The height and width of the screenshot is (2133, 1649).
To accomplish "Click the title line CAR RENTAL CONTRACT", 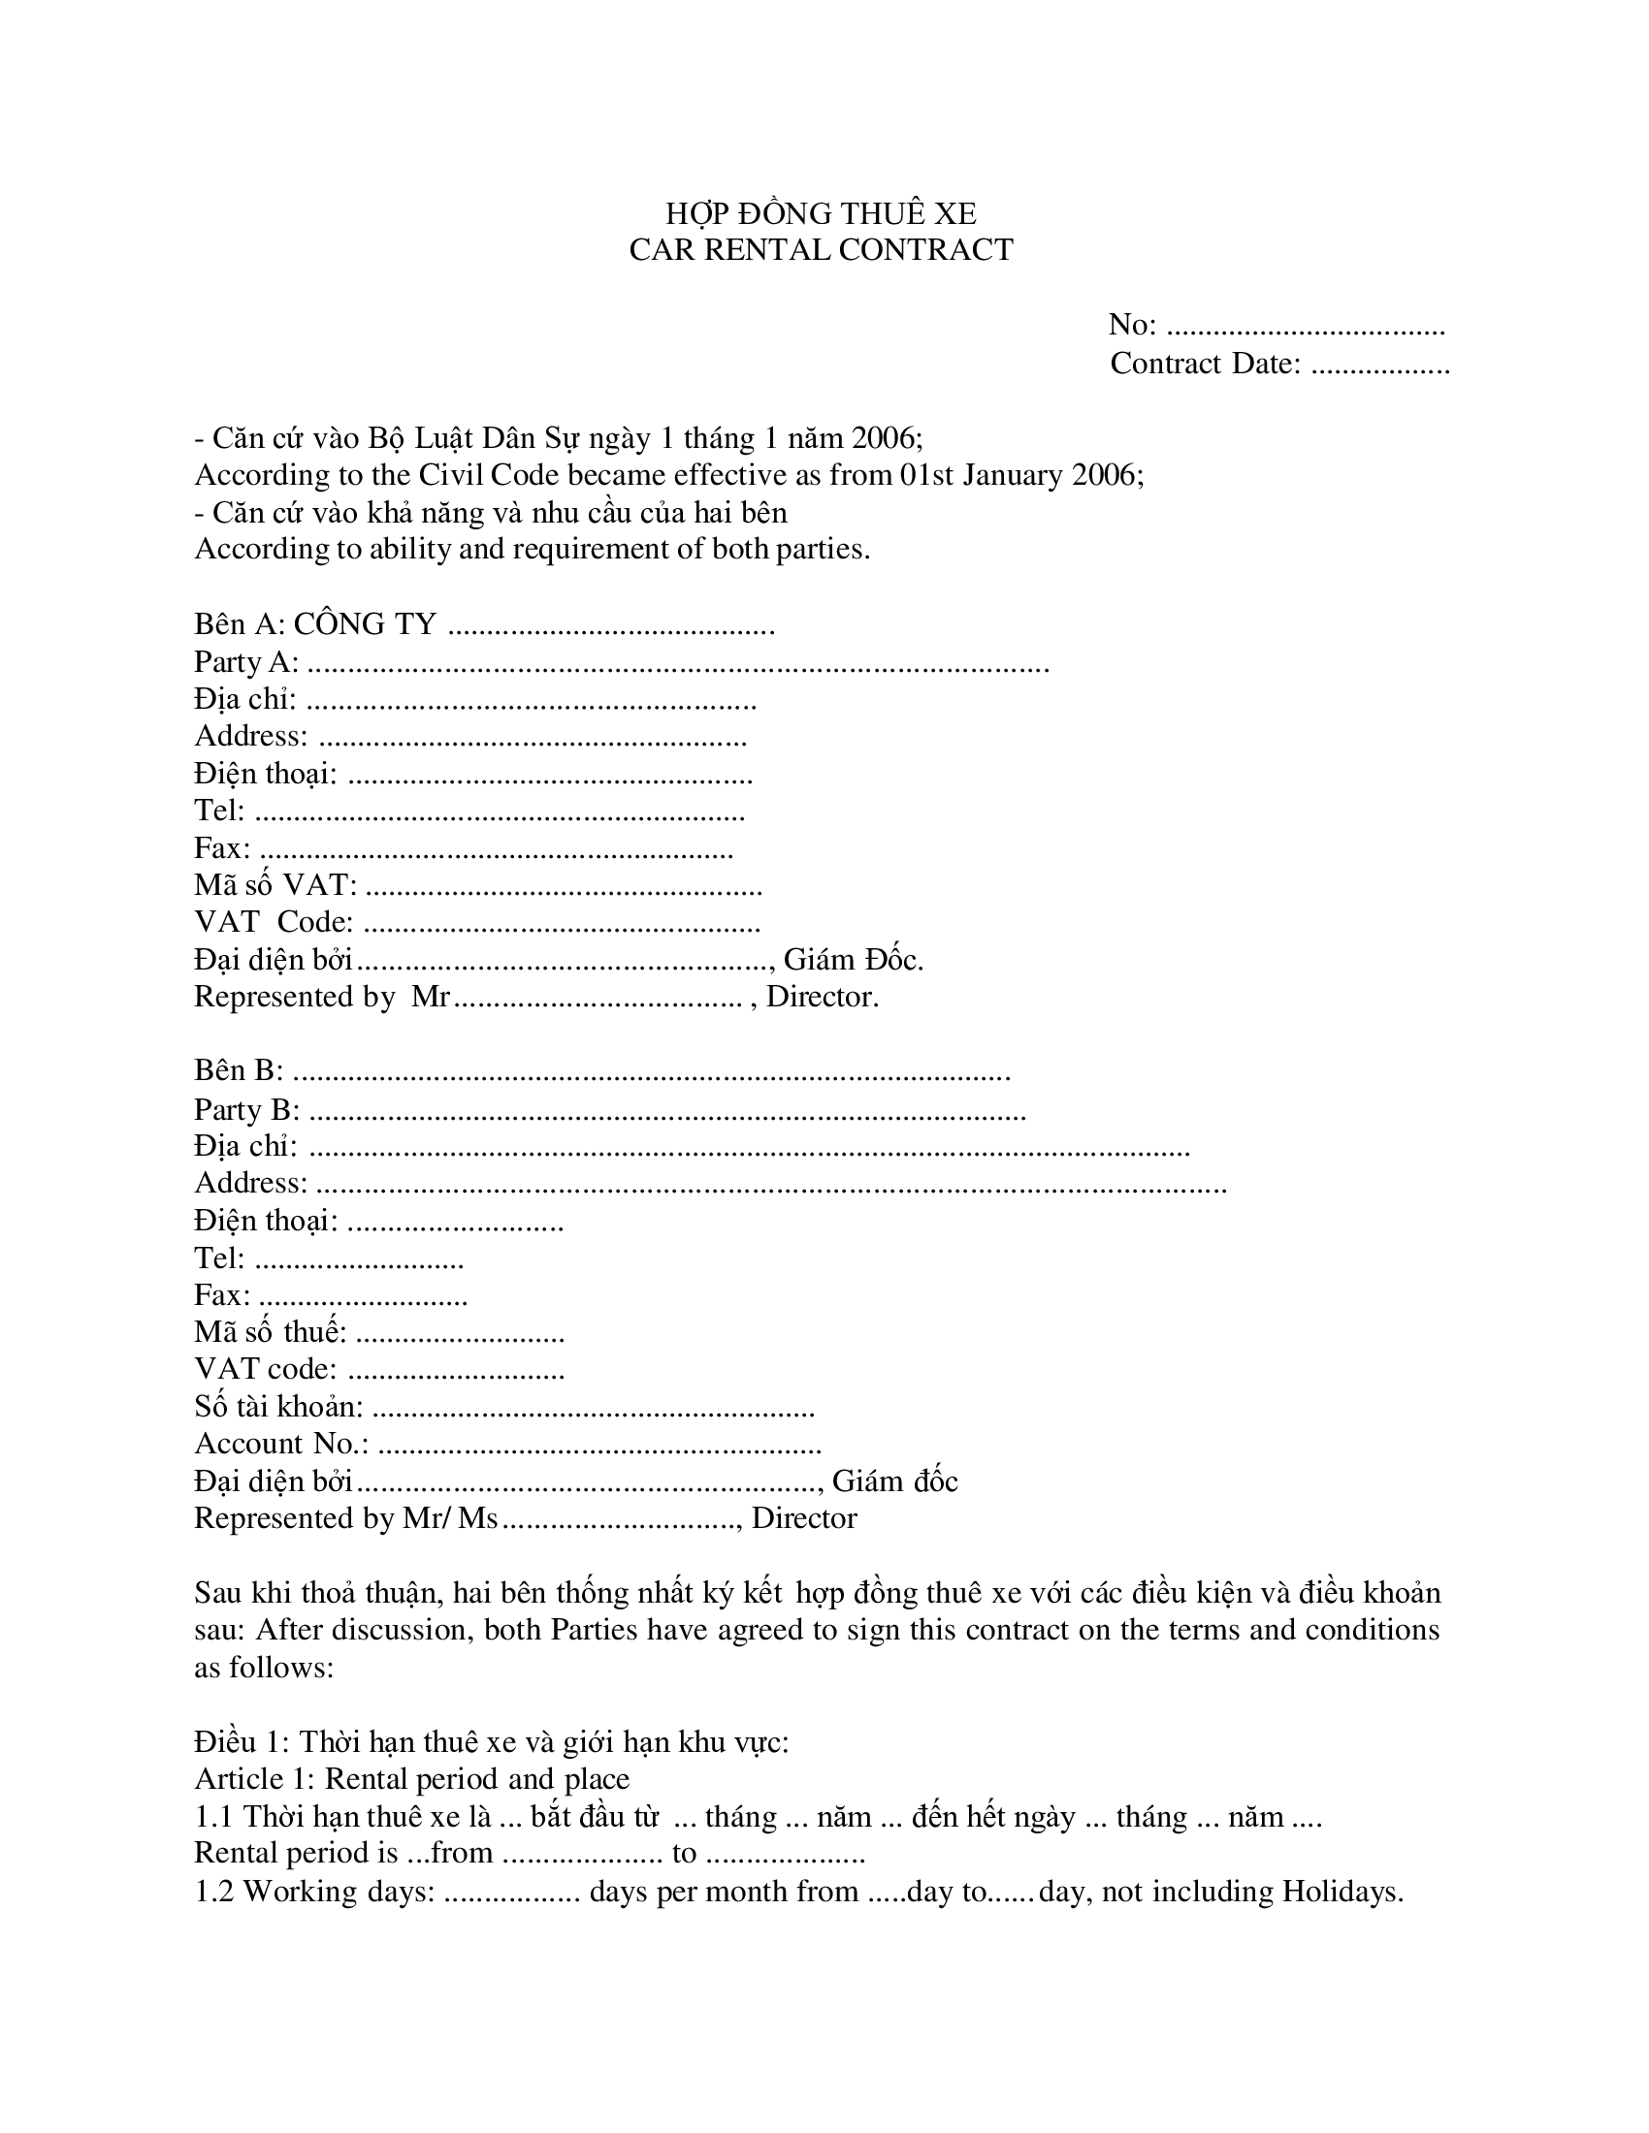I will pos(821,250).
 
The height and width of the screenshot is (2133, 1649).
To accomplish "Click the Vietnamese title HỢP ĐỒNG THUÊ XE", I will pos(821,213).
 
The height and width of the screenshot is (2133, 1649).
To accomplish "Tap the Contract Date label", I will pos(1206,364).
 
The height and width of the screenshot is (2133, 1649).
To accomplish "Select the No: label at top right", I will pos(1132,324).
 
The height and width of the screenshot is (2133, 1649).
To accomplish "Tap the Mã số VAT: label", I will pos(275,885).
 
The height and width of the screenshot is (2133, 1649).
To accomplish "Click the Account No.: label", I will pos(281,1443).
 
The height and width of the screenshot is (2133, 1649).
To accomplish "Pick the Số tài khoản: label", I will pos(278,1407).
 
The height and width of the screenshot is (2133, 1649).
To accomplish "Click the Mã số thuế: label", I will pos(270,1332).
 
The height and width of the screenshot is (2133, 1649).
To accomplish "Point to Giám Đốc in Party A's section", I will pos(852,960).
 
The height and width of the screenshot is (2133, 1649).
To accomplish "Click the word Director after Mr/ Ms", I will pos(804,1517).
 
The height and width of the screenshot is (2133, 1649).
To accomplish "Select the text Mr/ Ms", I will pos(449,1517).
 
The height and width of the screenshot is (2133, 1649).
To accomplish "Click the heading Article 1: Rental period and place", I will pos(411,1778).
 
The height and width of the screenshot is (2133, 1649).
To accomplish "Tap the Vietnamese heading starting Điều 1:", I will pos(491,1741).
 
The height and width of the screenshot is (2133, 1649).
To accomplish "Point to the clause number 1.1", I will pos(214,1817).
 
